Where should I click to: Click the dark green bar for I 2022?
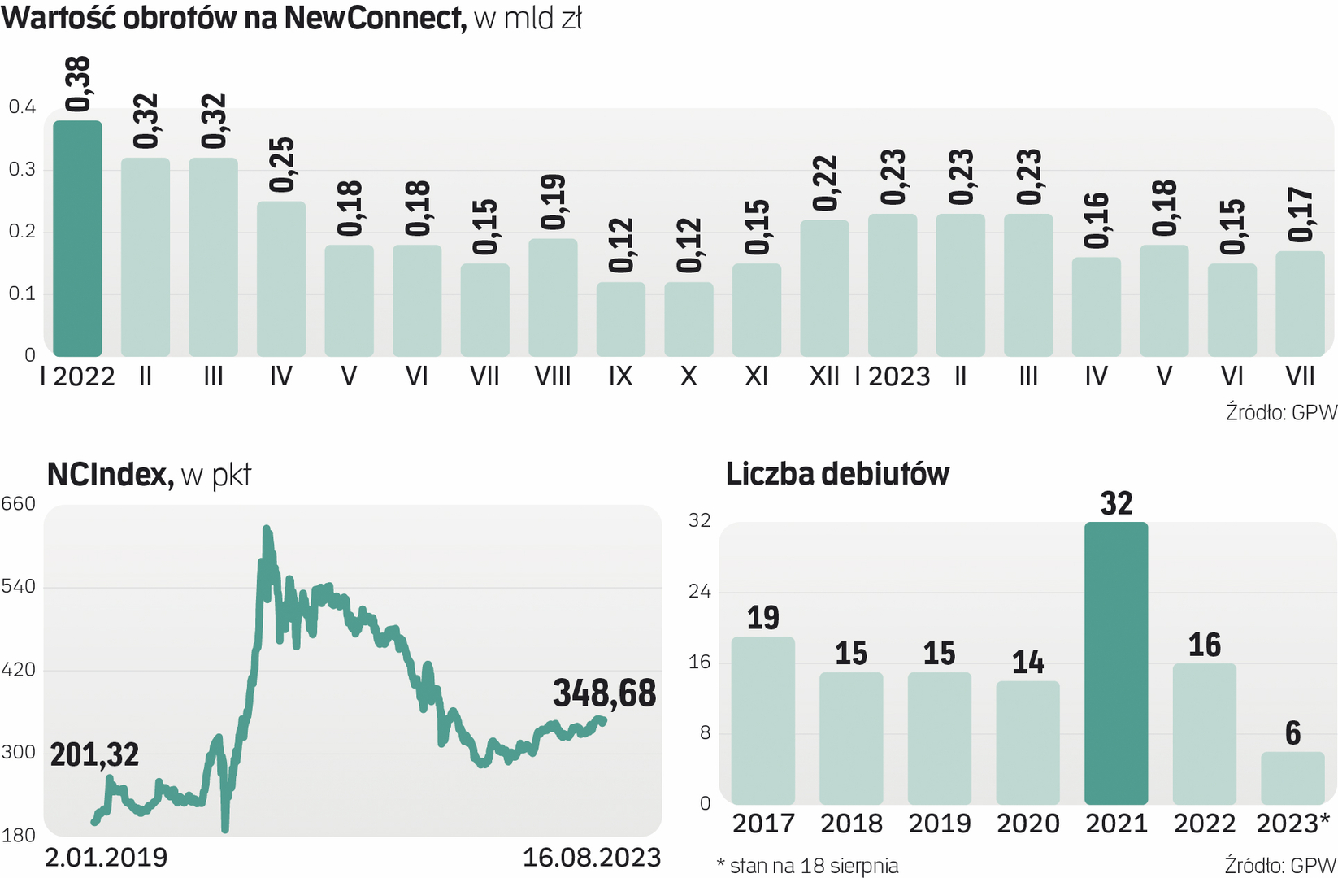[x=77, y=238]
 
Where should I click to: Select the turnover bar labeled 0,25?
[x=281, y=279]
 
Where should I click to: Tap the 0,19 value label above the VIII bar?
[x=553, y=202]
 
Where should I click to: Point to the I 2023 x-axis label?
[x=892, y=376]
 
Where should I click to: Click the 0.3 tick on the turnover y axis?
[x=22, y=169]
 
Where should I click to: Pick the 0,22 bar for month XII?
[x=824, y=288]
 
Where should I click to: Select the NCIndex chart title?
[x=110, y=474]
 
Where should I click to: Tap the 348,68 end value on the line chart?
[x=604, y=693]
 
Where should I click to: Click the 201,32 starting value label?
[x=94, y=755]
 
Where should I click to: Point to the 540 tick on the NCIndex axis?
[x=19, y=586]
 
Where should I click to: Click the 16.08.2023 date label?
[x=591, y=858]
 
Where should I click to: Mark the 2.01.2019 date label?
[x=106, y=858]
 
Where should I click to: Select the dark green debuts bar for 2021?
[x=1116, y=663]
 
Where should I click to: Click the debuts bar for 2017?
[x=762, y=720]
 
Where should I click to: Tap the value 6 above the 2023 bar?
[x=1292, y=733]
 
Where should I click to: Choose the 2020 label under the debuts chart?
[x=1027, y=824]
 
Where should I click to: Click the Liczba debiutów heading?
[x=837, y=474]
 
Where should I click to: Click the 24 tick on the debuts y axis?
[x=699, y=591]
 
